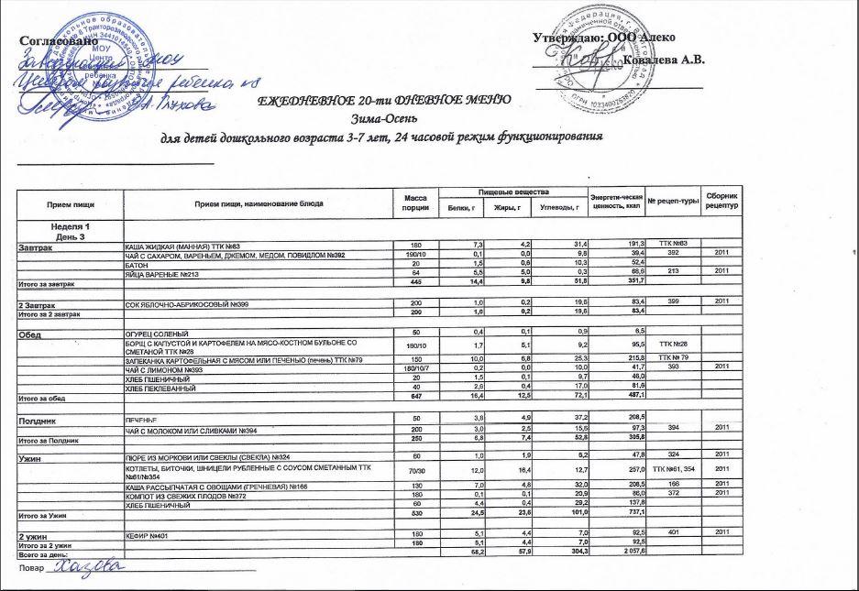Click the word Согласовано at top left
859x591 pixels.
[x=57, y=41]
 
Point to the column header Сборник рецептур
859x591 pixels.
[x=721, y=203]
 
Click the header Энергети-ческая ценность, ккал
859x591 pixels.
[x=614, y=202]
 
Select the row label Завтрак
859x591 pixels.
[x=37, y=247]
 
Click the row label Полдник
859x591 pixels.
[x=39, y=418]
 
